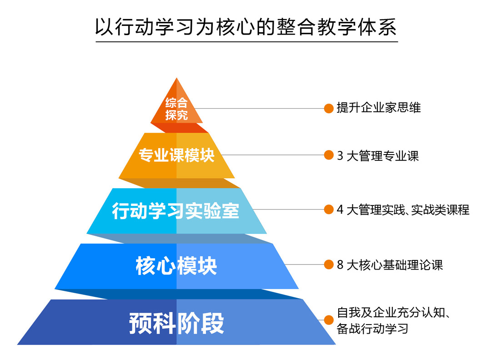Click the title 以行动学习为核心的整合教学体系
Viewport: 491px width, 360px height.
(x=246, y=27)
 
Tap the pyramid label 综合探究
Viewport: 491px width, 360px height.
(x=176, y=109)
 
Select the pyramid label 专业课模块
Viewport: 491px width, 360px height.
(x=176, y=155)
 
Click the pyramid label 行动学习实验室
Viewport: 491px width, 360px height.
(x=175, y=210)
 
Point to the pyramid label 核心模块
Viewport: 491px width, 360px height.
(x=176, y=266)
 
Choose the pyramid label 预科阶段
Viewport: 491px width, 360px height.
(x=176, y=323)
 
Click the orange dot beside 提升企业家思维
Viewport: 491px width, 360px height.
(x=329, y=108)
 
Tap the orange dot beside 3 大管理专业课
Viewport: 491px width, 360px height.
(x=329, y=155)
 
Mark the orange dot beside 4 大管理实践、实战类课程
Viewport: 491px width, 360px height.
(x=329, y=210)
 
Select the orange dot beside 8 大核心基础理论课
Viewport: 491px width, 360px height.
(x=329, y=265)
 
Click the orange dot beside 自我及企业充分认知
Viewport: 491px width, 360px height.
(x=329, y=320)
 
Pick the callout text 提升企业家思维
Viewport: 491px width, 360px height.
(x=379, y=108)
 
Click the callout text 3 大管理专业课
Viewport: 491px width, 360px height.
(x=378, y=155)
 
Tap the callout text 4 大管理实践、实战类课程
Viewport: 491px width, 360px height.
(x=403, y=210)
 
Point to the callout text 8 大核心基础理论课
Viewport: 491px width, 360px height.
(x=390, y=265)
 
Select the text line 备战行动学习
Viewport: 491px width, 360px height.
(x=373, y=328)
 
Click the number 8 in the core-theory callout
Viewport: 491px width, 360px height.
(x=340, y=265)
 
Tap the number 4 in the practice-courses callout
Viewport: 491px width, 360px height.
(x=340, y=210)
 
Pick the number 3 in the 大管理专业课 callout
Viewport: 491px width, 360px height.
(x=340, y=155)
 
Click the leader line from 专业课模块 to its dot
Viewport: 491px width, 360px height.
(x=272, y=155)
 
